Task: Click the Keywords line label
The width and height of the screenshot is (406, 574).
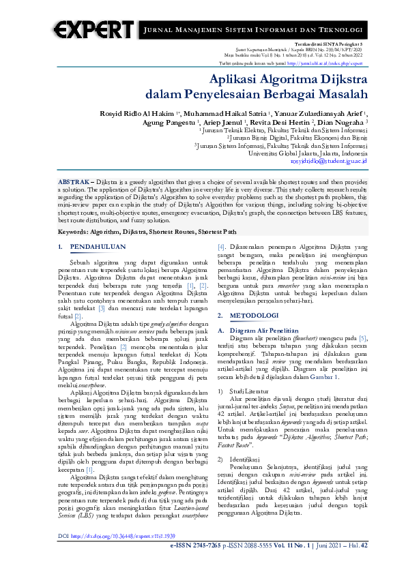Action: (75, 232)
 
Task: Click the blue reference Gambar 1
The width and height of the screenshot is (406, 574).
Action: (342, 376)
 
